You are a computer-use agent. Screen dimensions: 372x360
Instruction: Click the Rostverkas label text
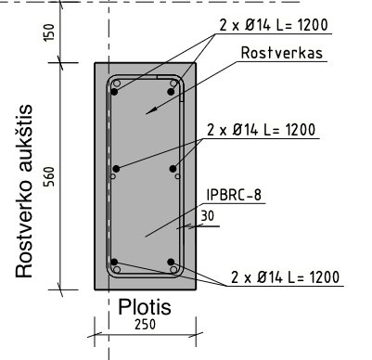click(282, 53)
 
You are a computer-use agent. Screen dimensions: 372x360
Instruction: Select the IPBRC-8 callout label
click(234, 195)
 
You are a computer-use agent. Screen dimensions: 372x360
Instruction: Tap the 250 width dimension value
click(145, 325)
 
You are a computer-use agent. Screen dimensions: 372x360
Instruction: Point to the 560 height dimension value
click(49, 176)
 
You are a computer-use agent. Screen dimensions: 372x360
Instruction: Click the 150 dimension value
click(49, 32)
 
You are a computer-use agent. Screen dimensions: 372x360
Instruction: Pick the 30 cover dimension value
click(207, 216)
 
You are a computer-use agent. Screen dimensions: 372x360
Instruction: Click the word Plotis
click(145, 307)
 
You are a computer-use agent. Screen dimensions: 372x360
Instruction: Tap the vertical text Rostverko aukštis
click(24, 192)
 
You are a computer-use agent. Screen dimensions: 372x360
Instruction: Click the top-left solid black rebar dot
click(114, 92)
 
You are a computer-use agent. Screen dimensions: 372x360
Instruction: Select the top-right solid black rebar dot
click(171, 92)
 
